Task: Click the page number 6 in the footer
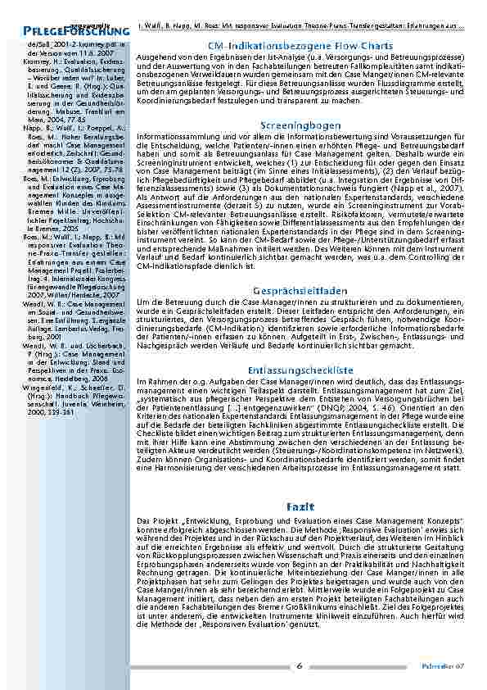(300, 665)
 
